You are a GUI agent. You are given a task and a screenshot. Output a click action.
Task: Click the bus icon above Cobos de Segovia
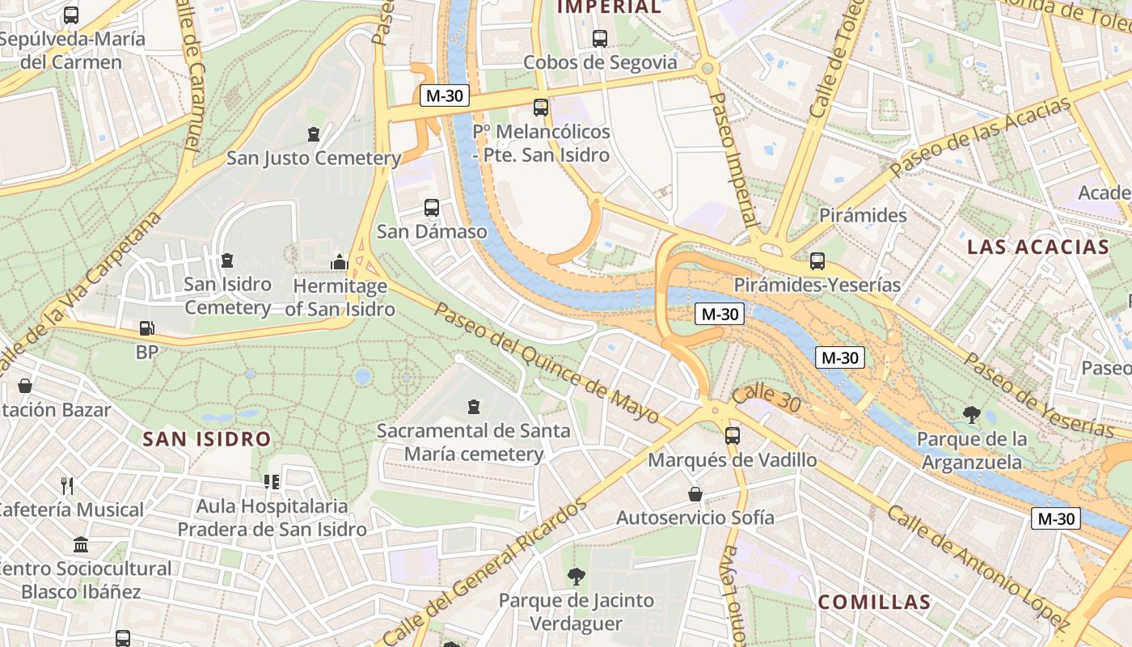(599, 38)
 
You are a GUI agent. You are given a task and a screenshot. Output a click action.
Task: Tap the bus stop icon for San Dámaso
(432, 208)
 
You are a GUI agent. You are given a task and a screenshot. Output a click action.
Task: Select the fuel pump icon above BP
(146, 328)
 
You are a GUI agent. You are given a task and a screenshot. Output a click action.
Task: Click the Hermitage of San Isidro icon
(339, 262)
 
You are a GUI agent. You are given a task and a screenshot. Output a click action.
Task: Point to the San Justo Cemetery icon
(314, 134)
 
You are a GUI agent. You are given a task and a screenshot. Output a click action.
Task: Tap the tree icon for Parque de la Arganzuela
(972, 416)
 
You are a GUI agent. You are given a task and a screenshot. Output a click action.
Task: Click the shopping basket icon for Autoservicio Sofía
(695, 494)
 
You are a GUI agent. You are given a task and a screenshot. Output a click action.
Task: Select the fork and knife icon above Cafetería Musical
(67, 486)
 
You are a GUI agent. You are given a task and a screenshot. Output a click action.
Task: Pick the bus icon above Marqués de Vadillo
(732, 436)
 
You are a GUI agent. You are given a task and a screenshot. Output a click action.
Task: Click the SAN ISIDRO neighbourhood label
(206, 439)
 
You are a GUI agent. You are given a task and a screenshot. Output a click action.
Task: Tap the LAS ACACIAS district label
(1038, 247)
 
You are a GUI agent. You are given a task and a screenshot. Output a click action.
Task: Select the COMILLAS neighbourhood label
(874, 603)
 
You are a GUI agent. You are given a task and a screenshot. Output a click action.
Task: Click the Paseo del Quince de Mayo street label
(547, 363)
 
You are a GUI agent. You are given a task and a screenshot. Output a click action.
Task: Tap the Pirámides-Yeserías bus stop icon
(817, 261)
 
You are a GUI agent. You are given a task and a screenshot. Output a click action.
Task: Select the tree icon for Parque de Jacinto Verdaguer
(576, 577)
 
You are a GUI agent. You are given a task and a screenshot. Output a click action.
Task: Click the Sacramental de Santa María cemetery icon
(474, 407)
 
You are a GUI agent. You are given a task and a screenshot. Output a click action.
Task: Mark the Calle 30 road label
(766, 399)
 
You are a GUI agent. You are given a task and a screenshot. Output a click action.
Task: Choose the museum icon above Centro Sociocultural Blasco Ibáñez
(81, 544)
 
